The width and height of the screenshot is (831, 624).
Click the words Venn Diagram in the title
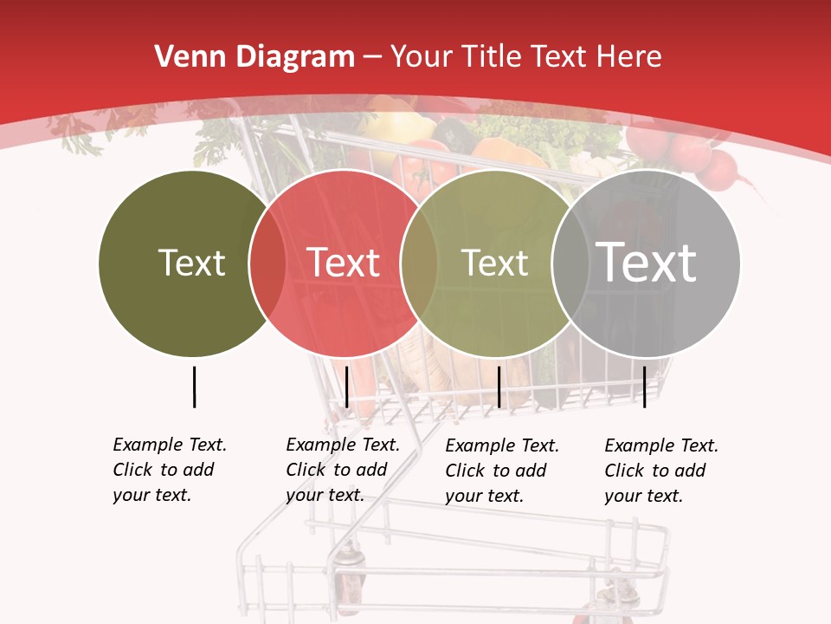254,57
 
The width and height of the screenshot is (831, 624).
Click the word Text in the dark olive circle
191,263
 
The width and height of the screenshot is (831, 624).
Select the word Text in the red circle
344,263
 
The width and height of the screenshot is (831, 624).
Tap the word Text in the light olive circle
494,263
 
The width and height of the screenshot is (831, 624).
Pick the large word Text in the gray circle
647,262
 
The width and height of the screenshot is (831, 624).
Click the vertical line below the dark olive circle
194,387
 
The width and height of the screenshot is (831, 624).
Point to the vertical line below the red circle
346,387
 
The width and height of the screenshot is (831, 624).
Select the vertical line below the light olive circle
499,387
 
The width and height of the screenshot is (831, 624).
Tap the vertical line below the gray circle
644,387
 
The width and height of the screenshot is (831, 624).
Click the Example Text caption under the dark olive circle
170,470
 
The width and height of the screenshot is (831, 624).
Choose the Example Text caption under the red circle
343,470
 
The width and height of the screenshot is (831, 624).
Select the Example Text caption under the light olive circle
502,471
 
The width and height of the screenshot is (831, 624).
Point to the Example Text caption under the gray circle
661,471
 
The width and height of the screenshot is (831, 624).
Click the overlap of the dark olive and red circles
267,263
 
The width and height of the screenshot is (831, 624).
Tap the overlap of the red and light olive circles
419,263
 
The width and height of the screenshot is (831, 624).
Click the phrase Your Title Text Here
525,57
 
